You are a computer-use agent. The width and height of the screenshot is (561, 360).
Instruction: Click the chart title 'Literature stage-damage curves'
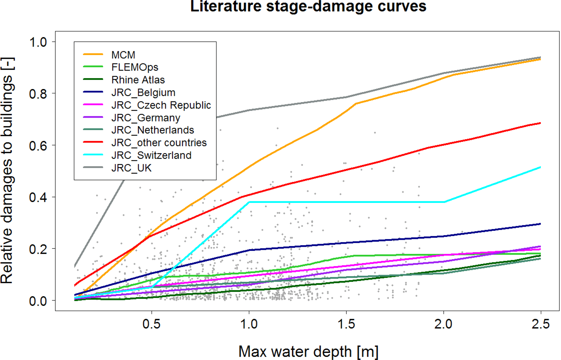[308, 7]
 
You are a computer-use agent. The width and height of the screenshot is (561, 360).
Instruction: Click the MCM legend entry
[123, 55]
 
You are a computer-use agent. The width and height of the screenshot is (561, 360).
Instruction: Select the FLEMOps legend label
[135, 67]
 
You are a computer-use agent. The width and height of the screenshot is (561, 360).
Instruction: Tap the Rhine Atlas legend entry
[138, 80]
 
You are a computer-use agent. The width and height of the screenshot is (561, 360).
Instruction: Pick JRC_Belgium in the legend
[143, 93]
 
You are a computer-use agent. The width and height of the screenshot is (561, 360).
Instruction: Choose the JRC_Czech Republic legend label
[161, 105]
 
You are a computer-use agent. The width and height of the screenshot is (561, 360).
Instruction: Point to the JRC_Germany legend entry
[146, 118]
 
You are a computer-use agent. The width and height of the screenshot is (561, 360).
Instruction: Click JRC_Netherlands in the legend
[153, 130]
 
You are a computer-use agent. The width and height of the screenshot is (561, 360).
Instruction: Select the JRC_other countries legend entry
[159, 143]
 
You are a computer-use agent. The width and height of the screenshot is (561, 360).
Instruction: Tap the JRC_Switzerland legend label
[151, 155]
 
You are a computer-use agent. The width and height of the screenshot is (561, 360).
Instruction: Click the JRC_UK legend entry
[131, 168]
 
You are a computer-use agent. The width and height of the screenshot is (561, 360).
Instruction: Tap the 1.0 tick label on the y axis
[38, 42]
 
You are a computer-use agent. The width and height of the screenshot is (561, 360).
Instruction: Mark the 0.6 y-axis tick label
[38, 145]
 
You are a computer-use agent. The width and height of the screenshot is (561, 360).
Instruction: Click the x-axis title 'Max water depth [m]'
[308, 352]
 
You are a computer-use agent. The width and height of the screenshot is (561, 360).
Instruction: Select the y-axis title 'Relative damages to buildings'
[7, 171]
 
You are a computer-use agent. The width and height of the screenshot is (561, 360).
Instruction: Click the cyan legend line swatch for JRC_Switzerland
[93, 155]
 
